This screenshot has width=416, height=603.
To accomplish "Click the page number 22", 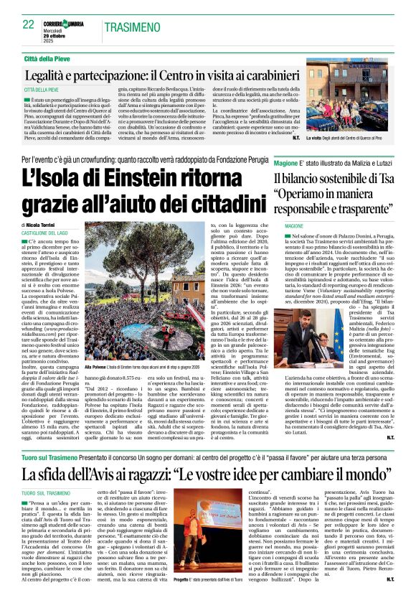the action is [29, 24].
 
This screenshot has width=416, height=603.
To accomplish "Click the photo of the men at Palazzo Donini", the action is [310, 337].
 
